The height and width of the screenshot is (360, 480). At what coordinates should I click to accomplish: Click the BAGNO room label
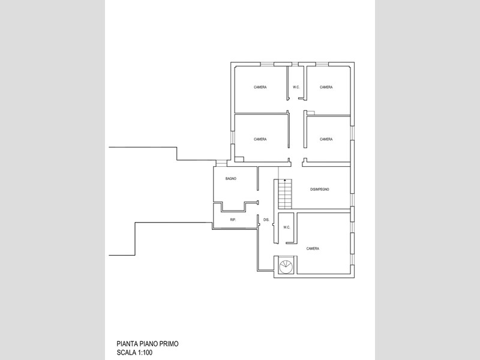pos(231,178)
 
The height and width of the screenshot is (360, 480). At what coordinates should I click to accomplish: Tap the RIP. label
pos(233,220)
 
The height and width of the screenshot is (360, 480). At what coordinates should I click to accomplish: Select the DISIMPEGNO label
pos(320,190)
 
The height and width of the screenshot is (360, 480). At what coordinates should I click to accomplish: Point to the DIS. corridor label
pos(266,220)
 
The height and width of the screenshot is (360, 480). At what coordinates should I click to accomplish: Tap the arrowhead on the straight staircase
pos(285,181)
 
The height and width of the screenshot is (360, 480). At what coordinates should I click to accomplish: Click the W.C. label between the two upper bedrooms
pos(296,87)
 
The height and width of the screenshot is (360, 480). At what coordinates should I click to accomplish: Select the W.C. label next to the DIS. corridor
pos(287,227)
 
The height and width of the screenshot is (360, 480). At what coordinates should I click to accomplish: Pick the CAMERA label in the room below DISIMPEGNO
pos(313,248)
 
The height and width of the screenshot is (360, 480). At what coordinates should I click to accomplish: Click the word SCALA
pos(127,353)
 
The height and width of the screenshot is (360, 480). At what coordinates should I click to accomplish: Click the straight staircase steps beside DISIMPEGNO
pos(285,194)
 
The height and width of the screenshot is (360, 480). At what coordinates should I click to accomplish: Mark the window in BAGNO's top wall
pos(221,163)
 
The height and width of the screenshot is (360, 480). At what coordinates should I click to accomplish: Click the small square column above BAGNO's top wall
pos(239,160)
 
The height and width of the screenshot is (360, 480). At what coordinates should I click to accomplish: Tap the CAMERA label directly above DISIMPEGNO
pos(326,139)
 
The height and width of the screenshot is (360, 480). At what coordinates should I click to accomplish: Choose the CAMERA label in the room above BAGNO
pos(260,139)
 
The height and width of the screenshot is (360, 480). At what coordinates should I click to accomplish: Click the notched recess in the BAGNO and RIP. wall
pos(233,206)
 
